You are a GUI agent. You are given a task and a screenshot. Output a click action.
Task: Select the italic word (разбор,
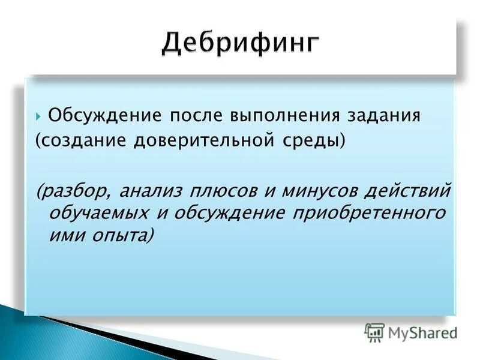click(74, 193)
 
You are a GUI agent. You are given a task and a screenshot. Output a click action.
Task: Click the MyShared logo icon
click(374, 332)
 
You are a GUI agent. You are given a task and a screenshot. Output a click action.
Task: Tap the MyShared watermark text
click(423, 332)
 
